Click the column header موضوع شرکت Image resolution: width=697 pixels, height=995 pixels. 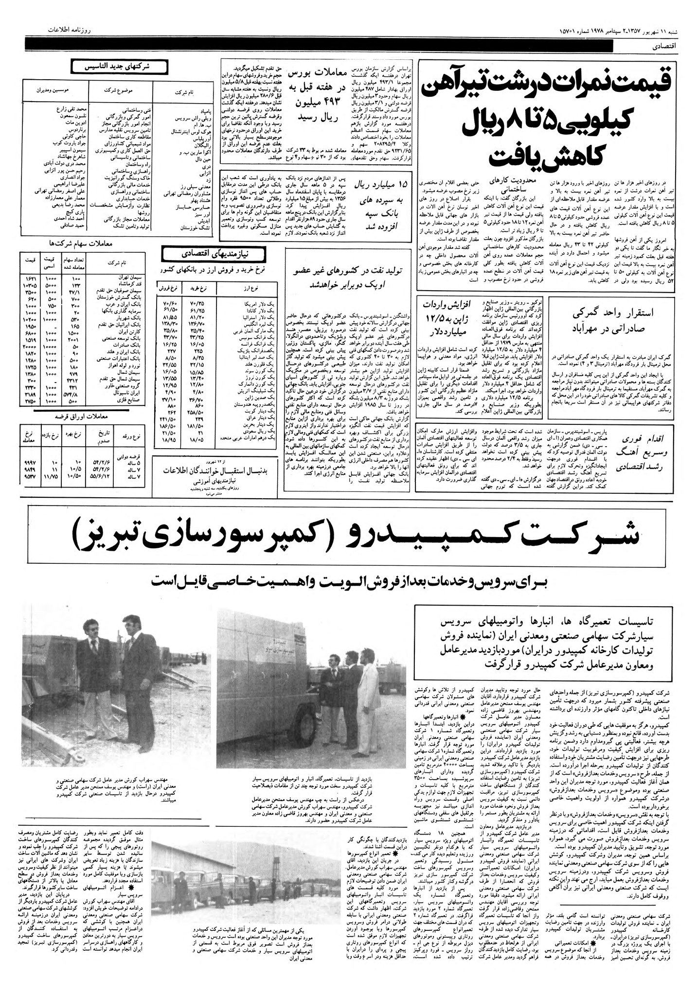pos(120,90)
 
